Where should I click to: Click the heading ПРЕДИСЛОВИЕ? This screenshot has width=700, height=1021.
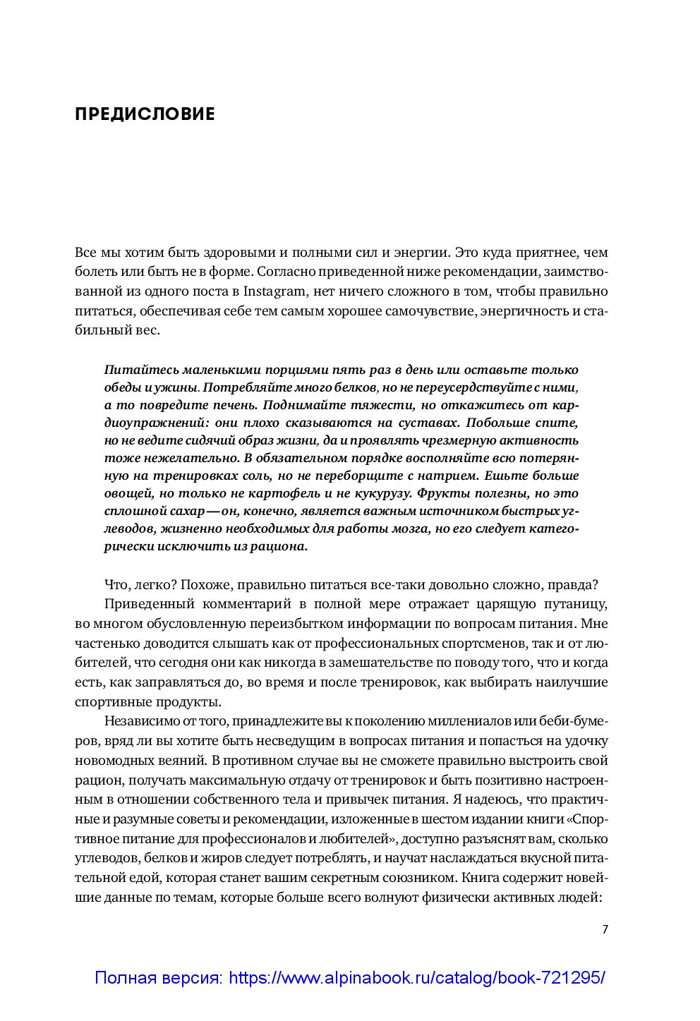click(x=145, y=114)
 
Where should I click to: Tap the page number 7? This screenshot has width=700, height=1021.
click(x=605, y=929)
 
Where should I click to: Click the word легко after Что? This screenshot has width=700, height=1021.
click(x=152, y=584)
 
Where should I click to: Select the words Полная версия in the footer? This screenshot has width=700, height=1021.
click(x=157, y=979)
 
